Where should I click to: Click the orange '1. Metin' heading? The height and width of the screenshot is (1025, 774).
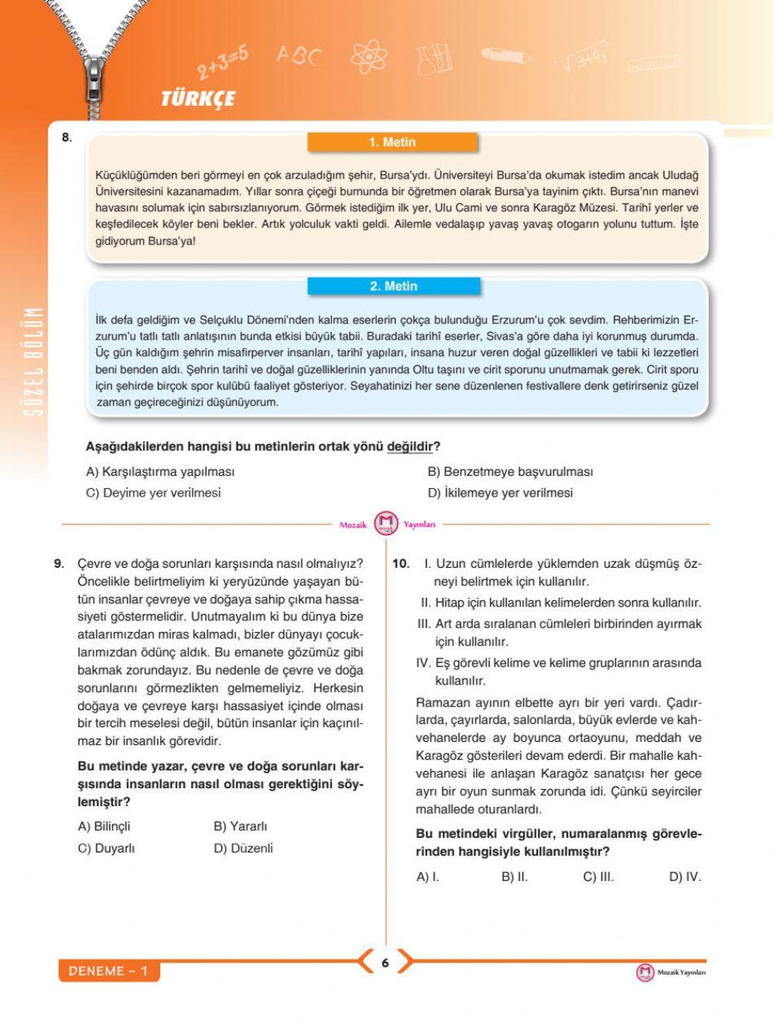(392, 142)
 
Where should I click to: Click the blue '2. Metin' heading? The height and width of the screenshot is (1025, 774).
(393, 286)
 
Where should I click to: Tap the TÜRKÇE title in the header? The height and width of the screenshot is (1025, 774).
(198, 99)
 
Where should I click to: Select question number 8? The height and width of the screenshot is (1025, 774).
(67, 138)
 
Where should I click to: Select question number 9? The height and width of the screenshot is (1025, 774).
(60, 563)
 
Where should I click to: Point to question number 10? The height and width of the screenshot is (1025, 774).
(400, 563)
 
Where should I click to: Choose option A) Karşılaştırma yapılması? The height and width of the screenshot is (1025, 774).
(160, 472)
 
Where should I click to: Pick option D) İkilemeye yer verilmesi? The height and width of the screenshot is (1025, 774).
(500, 493)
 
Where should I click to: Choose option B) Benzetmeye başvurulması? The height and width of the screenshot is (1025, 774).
(510, 472)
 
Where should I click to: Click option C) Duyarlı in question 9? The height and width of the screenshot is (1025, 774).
(107, 849)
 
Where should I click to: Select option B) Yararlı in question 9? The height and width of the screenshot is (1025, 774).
(240, 827)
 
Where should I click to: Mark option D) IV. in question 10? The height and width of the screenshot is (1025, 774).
(685, 877)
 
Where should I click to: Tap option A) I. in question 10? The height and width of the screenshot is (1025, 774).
(428, 877)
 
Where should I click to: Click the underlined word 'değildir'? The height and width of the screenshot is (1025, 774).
(409, 447)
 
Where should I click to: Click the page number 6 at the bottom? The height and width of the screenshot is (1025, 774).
(385, 963)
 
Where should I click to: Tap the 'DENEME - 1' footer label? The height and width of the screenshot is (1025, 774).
(108, 972)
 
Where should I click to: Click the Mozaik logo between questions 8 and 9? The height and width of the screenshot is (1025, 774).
(385, 524)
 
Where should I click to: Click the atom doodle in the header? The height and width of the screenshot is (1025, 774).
(368, 56)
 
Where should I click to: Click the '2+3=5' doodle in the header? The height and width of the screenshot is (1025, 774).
(223, 62)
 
